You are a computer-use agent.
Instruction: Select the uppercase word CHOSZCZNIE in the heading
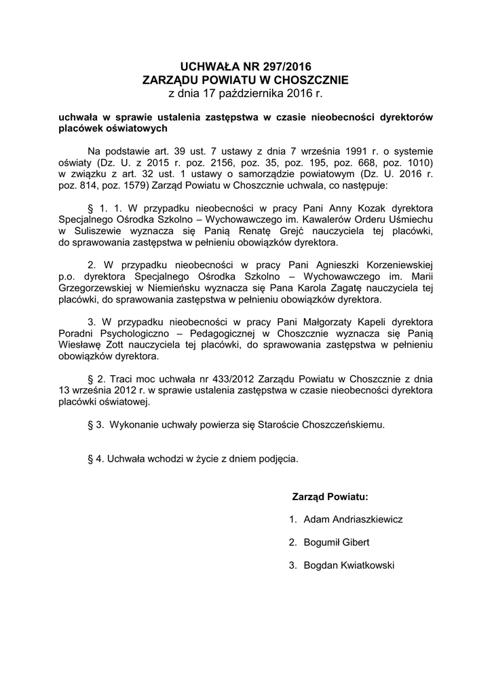(x=303, y=79)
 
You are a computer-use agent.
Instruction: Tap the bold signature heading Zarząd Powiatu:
(x=330, y=496)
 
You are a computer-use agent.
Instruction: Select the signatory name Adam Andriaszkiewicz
(x=353, y=519)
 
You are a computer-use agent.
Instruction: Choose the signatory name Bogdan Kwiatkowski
(x=349, y=565)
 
